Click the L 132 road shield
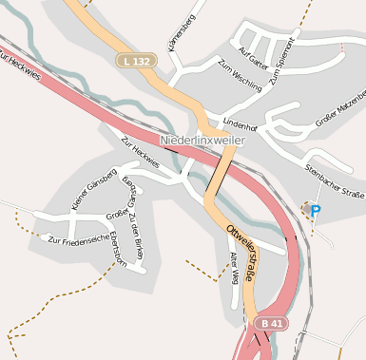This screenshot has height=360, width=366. [x=136, y=61]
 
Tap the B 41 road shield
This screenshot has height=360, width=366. [x=270, y=323]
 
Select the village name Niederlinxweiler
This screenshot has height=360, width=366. [x=202, y=141]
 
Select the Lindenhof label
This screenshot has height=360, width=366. [x=240, y=124]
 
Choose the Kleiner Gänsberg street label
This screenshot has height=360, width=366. [x=93, y=188]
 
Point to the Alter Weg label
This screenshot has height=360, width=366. [x=234, y=261]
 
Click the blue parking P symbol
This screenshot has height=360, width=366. [x=316, y=211]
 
